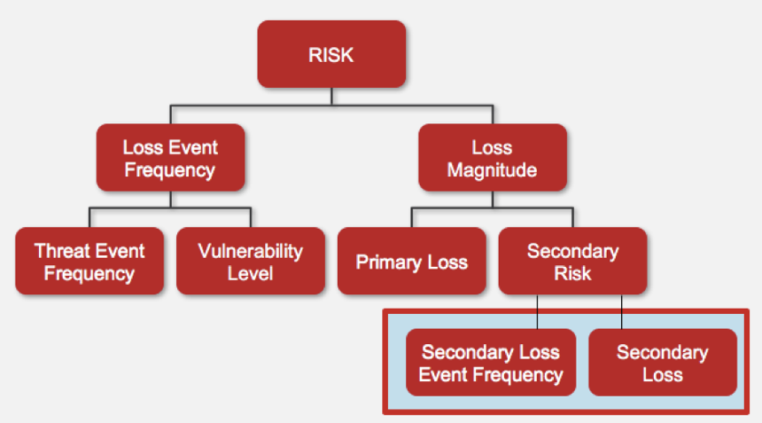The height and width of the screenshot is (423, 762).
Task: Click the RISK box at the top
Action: pos(331,54)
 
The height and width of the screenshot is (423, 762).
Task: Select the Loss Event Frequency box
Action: pos(171,158)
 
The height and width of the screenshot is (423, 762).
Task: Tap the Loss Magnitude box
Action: pos(493,158)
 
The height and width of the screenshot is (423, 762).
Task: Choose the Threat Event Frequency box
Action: pos(89,261)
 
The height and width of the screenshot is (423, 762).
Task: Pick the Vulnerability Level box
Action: pos(251,261)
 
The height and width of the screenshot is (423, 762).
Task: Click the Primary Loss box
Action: pos(412,261)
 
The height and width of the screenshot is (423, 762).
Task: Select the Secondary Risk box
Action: pos(573,261)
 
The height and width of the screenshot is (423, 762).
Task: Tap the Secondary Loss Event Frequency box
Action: pos(491,362)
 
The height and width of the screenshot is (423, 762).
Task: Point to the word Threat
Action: pos(63,251)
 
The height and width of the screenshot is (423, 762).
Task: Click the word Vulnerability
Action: pos(250,252)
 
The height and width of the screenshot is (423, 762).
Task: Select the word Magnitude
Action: pos(492,170)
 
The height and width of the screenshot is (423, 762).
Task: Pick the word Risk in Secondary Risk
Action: pos(572,273)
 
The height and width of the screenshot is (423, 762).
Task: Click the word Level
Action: pos(250,273)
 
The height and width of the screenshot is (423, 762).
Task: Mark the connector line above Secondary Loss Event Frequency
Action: pos(538,311)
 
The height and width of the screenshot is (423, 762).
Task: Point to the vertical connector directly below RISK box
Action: pos(331,97)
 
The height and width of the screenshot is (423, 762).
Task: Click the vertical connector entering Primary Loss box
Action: pos(412,218)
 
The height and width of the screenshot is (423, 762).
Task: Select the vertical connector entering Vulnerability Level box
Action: pos(251,218)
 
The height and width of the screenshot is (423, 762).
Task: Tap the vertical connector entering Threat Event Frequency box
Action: pos(89,218)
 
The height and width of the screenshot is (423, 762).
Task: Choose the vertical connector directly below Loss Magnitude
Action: pos(493,200)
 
